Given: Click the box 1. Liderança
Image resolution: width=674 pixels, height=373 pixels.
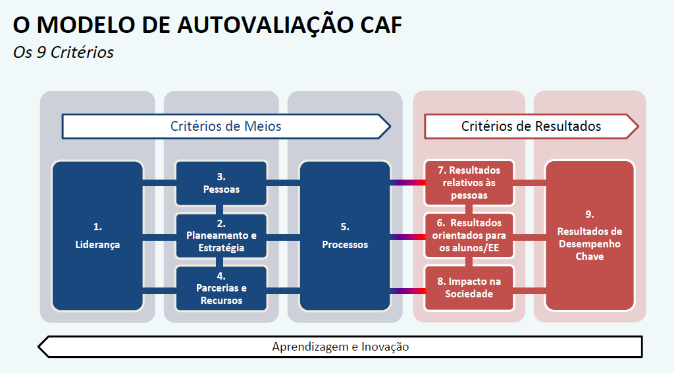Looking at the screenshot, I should pyautogui.click(x=97, y=236).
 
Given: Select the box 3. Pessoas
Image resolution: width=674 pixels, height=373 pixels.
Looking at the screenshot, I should pyautogui.click(x=221, y=183).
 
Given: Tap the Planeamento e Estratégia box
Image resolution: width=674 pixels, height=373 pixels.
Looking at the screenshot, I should pyautogui.click(x=221, y=236).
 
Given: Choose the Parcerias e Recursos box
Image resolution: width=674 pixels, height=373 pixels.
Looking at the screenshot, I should pyautogui.click(x=221, y=288).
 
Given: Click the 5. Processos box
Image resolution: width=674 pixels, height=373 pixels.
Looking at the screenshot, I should pyautogui.click(x=345, y=236).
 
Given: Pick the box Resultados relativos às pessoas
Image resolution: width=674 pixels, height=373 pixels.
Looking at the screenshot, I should pyautogui.click(x=469, y=183).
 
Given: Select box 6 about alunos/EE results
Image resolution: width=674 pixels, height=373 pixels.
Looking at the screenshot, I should pyautogui.click(x=469, y=236).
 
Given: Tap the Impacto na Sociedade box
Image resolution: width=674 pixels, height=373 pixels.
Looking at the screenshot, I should pyautogui.click(x=469, y=288).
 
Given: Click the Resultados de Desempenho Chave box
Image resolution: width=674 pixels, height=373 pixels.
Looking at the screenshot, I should pyautogui.click(x=590, y=236).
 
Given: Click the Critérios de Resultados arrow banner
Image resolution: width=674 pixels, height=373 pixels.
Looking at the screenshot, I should pyautogui.click(x=531, y=126).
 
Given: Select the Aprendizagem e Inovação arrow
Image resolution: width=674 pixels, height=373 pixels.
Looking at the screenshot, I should pyautogui.click(x=340, y=347).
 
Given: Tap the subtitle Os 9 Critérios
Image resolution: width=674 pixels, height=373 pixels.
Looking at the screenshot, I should pyautogui.click(x=63, y=52).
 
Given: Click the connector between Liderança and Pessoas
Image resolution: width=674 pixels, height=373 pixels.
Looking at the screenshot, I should pyautogui.click(x=159, y=182).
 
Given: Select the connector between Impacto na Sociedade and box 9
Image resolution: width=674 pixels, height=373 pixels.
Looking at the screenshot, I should pyautogui.click(x=529, y=290).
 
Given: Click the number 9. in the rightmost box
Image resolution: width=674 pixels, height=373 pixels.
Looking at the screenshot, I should pyautogui.click(x=590, y=214).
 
